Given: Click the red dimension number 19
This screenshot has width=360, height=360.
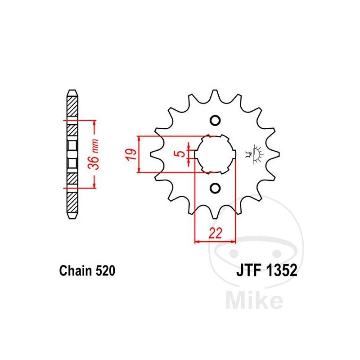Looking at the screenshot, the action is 131,154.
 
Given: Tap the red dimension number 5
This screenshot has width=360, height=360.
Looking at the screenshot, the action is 181,153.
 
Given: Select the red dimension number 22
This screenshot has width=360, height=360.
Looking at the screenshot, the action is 216,233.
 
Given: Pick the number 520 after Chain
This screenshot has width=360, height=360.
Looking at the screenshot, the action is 105,271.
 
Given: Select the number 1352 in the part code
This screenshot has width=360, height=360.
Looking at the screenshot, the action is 282,270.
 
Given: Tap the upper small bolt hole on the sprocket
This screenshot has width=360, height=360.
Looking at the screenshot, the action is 215,120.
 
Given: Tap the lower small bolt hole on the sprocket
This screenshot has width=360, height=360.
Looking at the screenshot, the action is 215,188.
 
